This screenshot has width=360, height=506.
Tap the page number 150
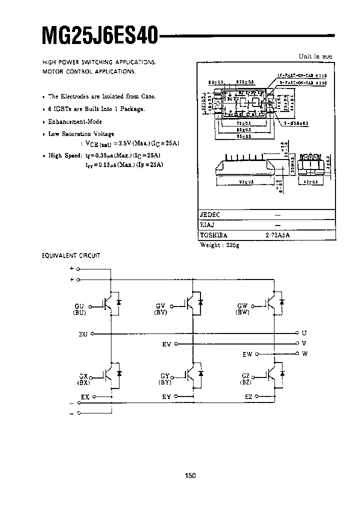pos(190,475)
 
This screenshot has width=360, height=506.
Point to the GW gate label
pos(242,305)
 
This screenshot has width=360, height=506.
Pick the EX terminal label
pos(85,396)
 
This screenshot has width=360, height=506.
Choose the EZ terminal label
pos(248,396)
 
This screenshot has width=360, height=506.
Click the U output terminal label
pos(304,332)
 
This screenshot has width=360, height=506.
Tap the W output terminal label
pos(304,353)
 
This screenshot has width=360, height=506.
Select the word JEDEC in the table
pos(210,214)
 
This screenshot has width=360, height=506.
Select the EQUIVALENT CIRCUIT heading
pos(70,255)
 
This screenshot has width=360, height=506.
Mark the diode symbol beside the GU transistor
pos(118,302)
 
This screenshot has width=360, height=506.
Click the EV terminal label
pos(166,344)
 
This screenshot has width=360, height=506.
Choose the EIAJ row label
pos(207,225)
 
